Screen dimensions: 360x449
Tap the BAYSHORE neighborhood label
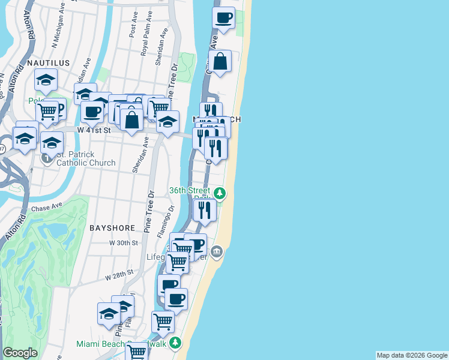point(109,228)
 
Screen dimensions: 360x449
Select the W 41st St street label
point(94,129)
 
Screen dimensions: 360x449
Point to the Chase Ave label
point(49,208)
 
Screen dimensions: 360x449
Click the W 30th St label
point(124,242)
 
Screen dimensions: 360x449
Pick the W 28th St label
point(118,276)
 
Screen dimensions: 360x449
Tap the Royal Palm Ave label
point(145,40)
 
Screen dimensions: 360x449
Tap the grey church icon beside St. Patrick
point(47,158)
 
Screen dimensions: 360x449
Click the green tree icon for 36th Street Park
point(221,193)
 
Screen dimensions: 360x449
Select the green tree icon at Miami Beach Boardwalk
point(175,343)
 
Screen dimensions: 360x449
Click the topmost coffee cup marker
point(223,18)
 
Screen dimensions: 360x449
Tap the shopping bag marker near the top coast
point(220,61)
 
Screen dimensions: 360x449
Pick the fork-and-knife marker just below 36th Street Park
point(205,209)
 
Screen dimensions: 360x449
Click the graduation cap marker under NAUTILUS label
point(45,80)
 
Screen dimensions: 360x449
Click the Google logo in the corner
point(20,353)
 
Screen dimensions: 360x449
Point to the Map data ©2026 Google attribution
point(412,355)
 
